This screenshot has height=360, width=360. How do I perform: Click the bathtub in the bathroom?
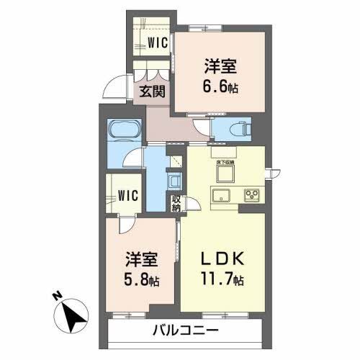click(125, 132)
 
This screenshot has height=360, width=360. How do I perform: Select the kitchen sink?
click(221, 194)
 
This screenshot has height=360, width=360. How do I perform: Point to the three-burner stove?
click(253, 194)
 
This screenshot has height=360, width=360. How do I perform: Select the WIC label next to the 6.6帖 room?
click(158, 42)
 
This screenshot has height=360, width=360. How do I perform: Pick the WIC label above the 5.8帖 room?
click(128, 194)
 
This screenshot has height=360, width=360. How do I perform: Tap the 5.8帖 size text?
click(140, 279)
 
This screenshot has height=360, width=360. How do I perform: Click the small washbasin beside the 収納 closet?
click(174, 180)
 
